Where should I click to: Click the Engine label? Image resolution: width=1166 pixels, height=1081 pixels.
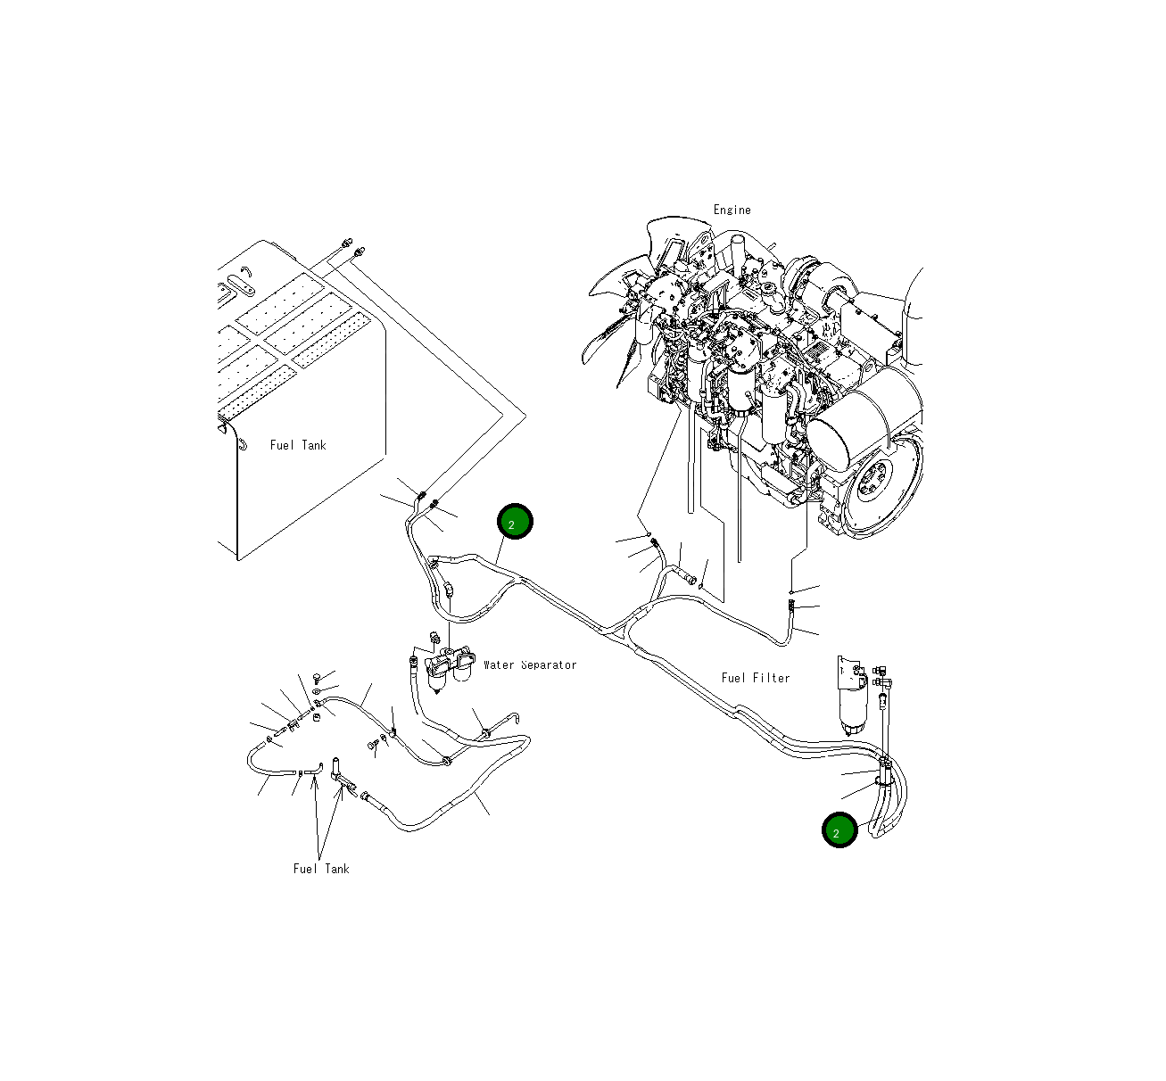coord(732,210)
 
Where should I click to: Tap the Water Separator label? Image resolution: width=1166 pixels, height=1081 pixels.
coord(530,664)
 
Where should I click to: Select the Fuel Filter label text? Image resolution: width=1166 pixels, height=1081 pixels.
coord(756,678)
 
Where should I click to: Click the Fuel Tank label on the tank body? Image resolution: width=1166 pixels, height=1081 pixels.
coord(298,445)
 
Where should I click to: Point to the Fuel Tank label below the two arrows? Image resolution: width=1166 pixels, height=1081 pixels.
coord(321,869)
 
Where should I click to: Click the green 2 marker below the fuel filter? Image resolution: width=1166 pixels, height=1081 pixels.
coord(839,830)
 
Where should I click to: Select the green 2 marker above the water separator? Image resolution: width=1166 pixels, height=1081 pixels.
coord(515,522)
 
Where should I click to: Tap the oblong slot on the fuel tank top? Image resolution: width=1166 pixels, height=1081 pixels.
coord(238,285)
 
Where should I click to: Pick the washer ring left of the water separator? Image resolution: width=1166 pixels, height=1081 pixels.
coord(318,691)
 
